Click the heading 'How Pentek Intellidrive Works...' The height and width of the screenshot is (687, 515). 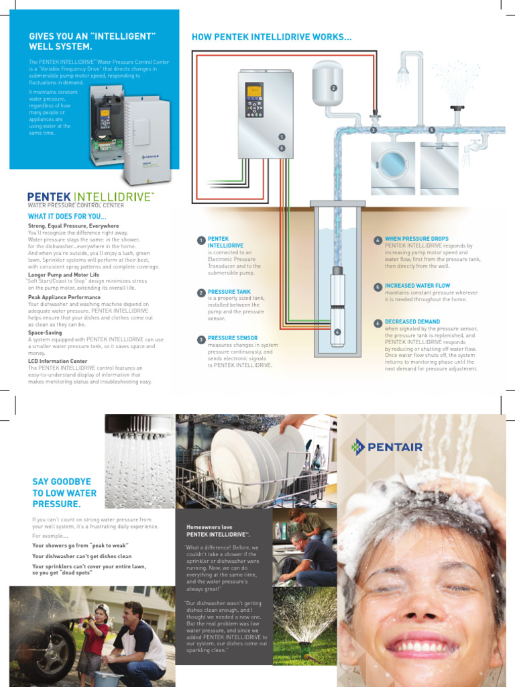[272, 37]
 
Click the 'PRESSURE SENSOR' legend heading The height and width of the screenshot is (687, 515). [232, 338]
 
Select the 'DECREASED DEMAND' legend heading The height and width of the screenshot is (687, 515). [412, 322]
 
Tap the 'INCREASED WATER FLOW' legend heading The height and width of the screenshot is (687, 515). [417, 286]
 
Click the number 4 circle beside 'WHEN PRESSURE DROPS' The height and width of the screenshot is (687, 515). [378, 240]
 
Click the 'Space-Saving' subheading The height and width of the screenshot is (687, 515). [45, 332]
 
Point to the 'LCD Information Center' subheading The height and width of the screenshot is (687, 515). [58, 361]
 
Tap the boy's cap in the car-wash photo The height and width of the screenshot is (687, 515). [102, 609]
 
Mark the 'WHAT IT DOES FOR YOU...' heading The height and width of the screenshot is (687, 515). [67, 217]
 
